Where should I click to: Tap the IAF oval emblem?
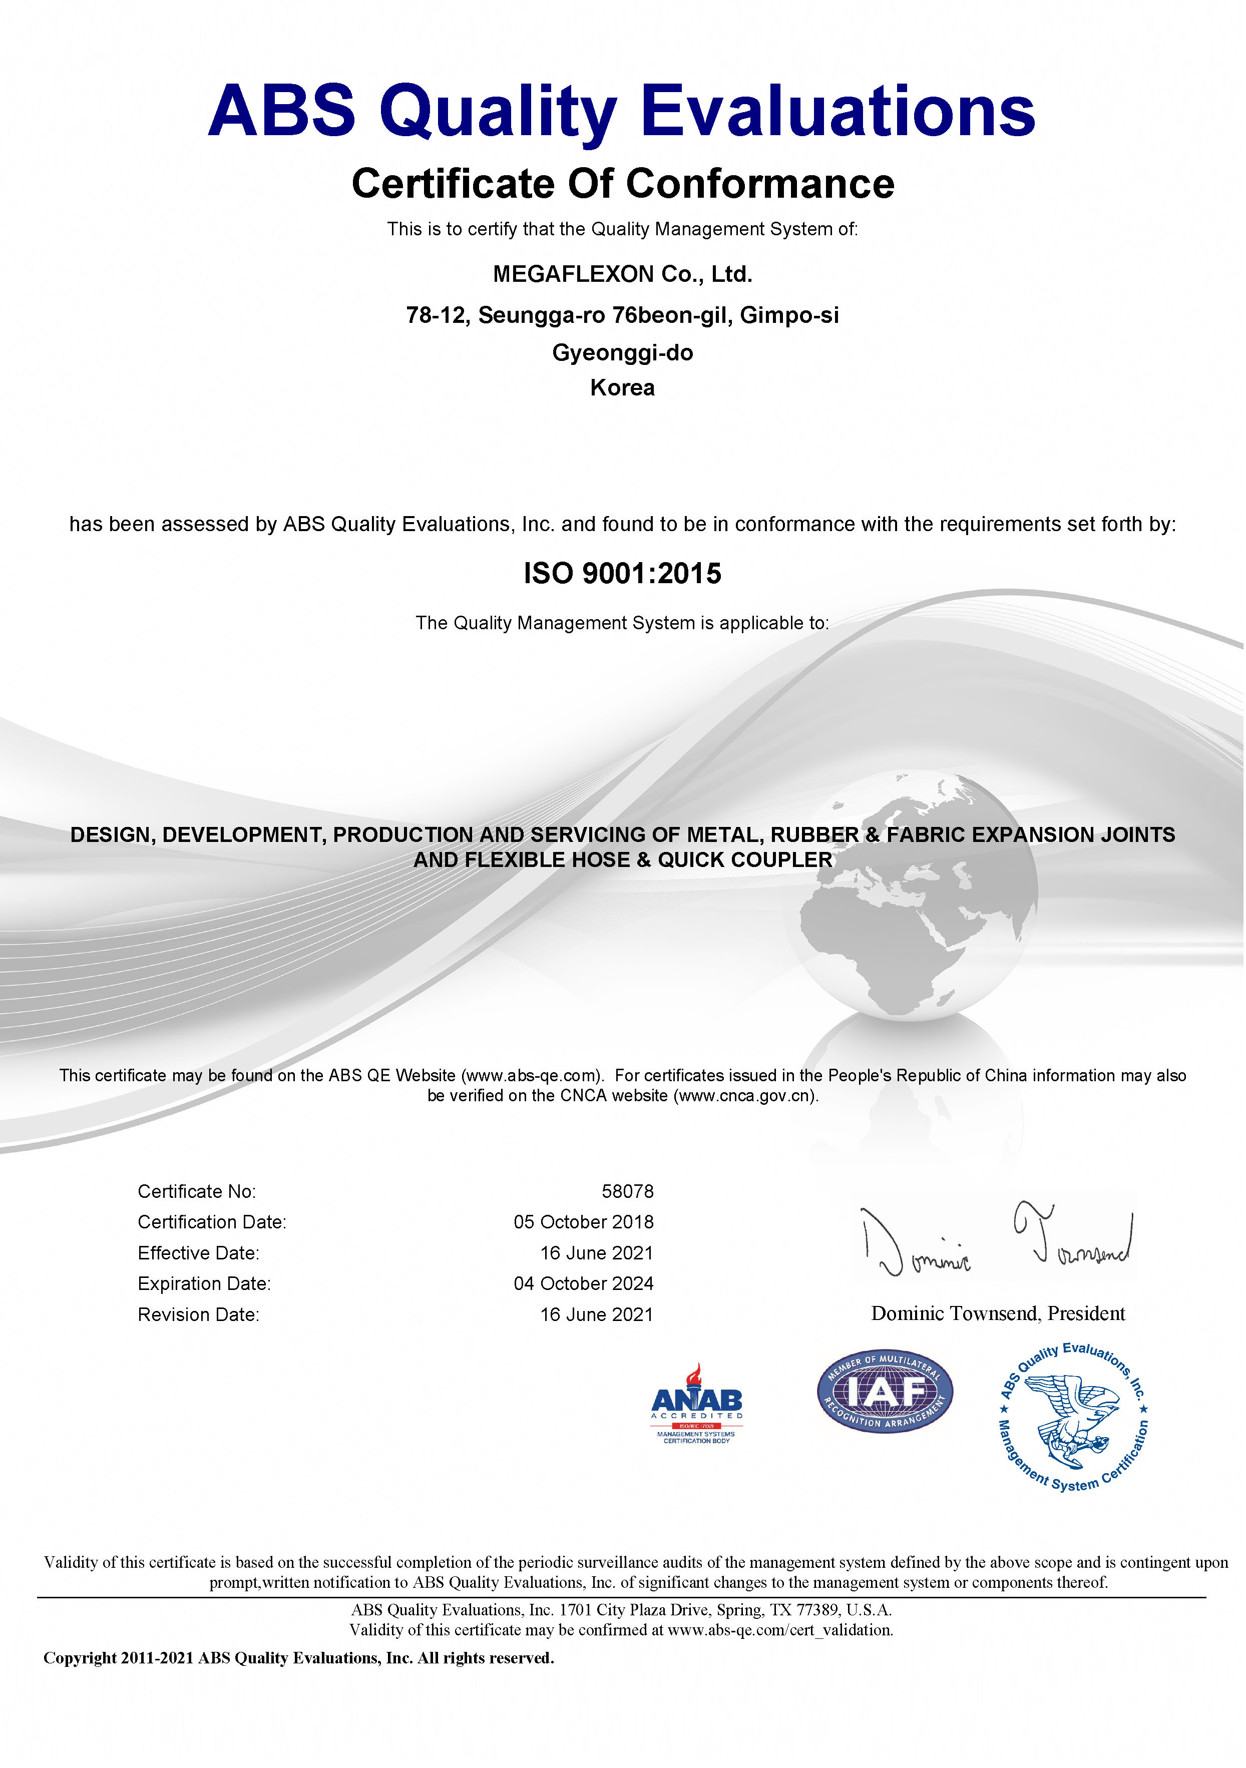click(x=885, y=1392)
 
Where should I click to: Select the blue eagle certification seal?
click(x=1073, y=1417)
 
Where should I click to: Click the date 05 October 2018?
click(x=583, y=1222)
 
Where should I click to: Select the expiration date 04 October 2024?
click(x=583, y=1283)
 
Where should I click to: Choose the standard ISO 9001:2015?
click(x=622, y=574)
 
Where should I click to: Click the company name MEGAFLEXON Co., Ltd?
click(x=622, y=274)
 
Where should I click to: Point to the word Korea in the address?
click(x=622, y=387)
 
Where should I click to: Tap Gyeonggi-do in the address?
click(x=622, y=353)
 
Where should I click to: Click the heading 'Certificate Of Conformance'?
click(x=622, y=184)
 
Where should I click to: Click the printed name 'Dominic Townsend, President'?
click(x=997, y=1313)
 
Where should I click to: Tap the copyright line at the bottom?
click(x=299, y=1658)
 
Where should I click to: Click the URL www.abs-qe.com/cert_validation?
click(x=779, y=1629)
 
